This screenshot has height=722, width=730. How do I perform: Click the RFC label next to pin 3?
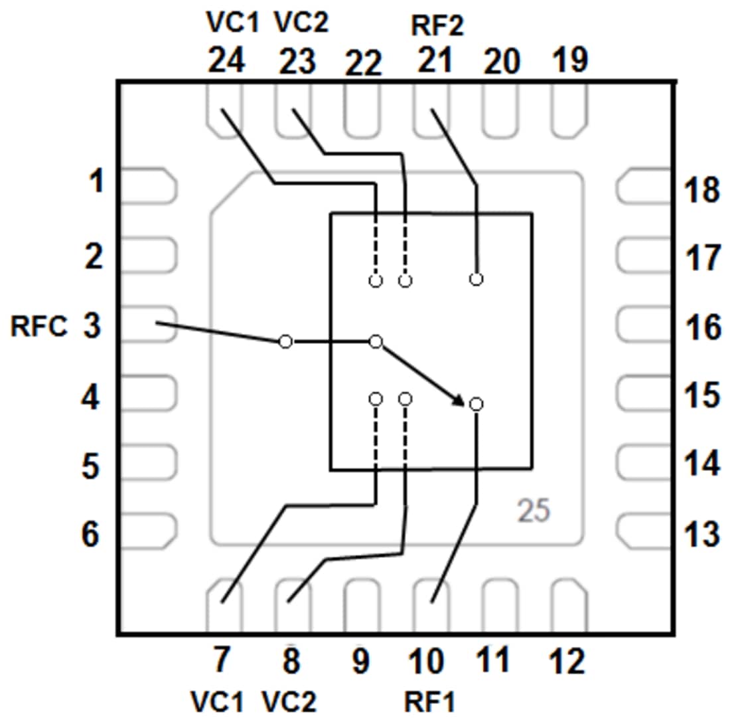(38, 327)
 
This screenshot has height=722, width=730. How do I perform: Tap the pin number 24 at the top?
(226, 62)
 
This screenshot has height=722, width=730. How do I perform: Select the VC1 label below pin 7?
(217, 701)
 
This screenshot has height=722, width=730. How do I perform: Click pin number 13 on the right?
(701, 533)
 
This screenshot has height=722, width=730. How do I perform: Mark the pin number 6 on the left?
(91, 533)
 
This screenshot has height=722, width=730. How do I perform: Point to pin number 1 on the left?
(96, 181)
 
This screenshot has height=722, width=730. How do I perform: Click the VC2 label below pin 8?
(289, 701)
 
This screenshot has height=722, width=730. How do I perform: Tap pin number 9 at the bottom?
(360, 662)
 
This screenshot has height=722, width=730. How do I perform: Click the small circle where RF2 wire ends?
(476, 279)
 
